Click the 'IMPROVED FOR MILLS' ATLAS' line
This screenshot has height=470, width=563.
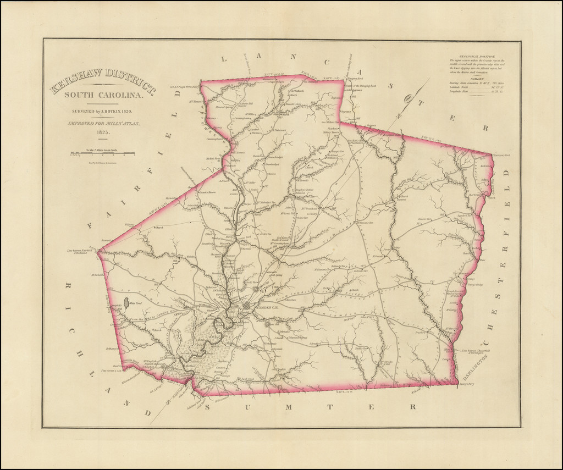click(103, 124)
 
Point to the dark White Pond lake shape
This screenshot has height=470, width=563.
click(127, 302)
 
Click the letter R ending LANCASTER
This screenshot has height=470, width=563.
click(485, 128)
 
